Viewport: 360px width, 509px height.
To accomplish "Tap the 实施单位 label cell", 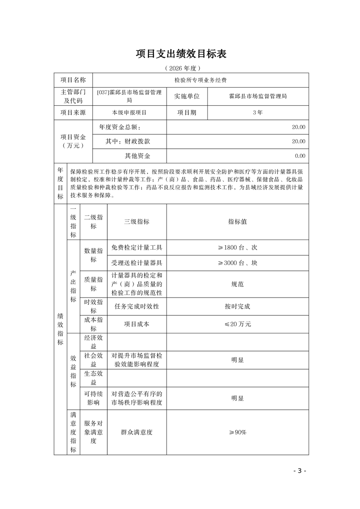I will pos(187,96).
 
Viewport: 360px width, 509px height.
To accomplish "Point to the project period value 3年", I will pos(257,113).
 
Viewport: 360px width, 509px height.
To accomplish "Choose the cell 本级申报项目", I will pos(129,113).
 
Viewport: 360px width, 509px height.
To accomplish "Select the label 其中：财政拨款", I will pos(128,142).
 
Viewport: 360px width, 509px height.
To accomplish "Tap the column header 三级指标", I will pos(137,222).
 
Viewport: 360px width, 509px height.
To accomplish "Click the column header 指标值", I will pos(237,222).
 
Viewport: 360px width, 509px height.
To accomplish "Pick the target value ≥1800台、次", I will pos(237,248).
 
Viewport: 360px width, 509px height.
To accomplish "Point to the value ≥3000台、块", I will pos(237,263).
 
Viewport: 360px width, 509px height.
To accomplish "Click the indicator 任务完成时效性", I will pos(137,306).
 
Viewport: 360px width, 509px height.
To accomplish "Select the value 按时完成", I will pos(237,306).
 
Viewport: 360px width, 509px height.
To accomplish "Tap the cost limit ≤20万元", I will pos(237,324).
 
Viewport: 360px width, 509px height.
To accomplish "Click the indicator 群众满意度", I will pos(137,432).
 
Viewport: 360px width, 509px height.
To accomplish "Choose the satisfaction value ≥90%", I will pos(237,432).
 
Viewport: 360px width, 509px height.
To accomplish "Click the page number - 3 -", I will pos(300,470).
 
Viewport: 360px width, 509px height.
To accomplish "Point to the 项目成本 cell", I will pos(137,324).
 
